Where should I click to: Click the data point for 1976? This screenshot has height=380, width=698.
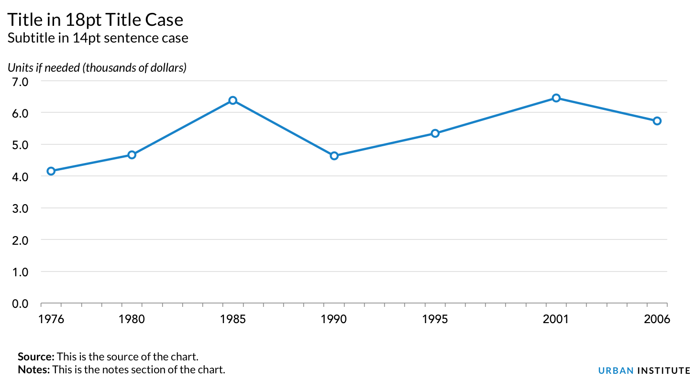(x=51, y=171)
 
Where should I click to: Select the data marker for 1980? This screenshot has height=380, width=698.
(x=132, y=155)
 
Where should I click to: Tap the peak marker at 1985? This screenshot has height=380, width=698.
(x=233, y=100)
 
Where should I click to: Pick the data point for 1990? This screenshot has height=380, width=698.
(x=334, y=156)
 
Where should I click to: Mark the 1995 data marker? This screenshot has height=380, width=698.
(x=435, y=133)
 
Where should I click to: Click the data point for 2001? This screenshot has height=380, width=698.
(x=556, y=98)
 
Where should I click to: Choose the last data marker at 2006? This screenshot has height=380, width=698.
(x=657, y=121)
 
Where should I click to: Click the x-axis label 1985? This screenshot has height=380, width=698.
(x=233, y=319)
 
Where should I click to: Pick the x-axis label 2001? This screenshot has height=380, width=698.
(x=556, y=319)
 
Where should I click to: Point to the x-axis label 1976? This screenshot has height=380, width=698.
(x=51, y=319)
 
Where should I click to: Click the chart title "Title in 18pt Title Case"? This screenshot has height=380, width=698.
(x=95, y=20)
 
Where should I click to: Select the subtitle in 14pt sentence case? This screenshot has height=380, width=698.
(x=98, y=38)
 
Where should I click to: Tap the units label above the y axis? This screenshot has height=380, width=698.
(x=97, y=67)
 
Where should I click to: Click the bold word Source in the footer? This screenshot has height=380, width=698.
(x=36, y=357)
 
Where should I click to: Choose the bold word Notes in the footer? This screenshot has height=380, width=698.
(x=34, y=369)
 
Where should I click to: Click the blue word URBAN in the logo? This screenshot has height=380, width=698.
(x=616, y=370)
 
